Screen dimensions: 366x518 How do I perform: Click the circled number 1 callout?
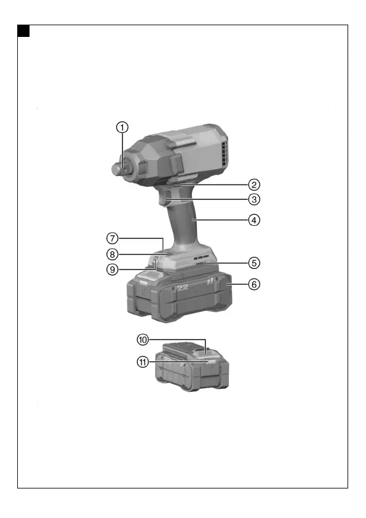click(122, 127)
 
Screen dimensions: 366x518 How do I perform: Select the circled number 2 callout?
click(254, 185)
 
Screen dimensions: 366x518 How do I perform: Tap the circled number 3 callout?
click(254, 199)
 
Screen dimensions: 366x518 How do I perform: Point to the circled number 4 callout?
click(254, 220)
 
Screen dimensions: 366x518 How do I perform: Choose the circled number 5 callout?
click(254, 263)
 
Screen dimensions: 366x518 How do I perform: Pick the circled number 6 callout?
click(254, 284)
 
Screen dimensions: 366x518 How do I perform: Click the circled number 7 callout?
click(113, 238)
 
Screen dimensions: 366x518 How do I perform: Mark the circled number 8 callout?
click(113, 254)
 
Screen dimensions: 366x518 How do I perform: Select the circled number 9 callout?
click(113, 269)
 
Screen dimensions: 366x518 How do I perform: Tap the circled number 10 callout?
click(143, 340)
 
